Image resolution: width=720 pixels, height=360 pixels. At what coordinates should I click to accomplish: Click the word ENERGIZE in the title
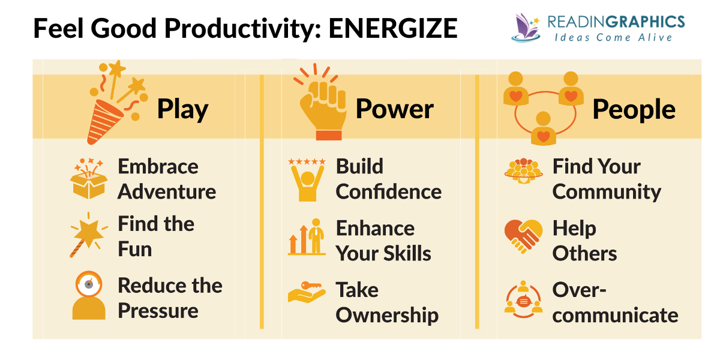(393, 28)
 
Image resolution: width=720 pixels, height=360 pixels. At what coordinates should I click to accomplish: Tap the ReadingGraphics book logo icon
(526, 28)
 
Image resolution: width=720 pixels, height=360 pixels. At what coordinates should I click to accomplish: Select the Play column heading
(182, 109)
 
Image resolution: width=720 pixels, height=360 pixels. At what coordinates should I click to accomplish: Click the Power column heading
(394, 109)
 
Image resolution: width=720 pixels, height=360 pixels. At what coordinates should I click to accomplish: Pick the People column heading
(634, 109)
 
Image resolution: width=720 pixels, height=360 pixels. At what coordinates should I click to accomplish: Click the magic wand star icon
(88, 233)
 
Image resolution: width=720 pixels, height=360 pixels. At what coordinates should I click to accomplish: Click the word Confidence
(388, 192)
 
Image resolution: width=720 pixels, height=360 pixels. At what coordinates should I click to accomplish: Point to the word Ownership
(387, 315)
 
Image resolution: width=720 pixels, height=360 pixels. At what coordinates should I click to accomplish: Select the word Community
(607, 192)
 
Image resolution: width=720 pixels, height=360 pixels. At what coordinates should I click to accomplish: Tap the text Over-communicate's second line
(615, 315)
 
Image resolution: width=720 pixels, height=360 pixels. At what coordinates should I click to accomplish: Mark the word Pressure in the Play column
(158, 311)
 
